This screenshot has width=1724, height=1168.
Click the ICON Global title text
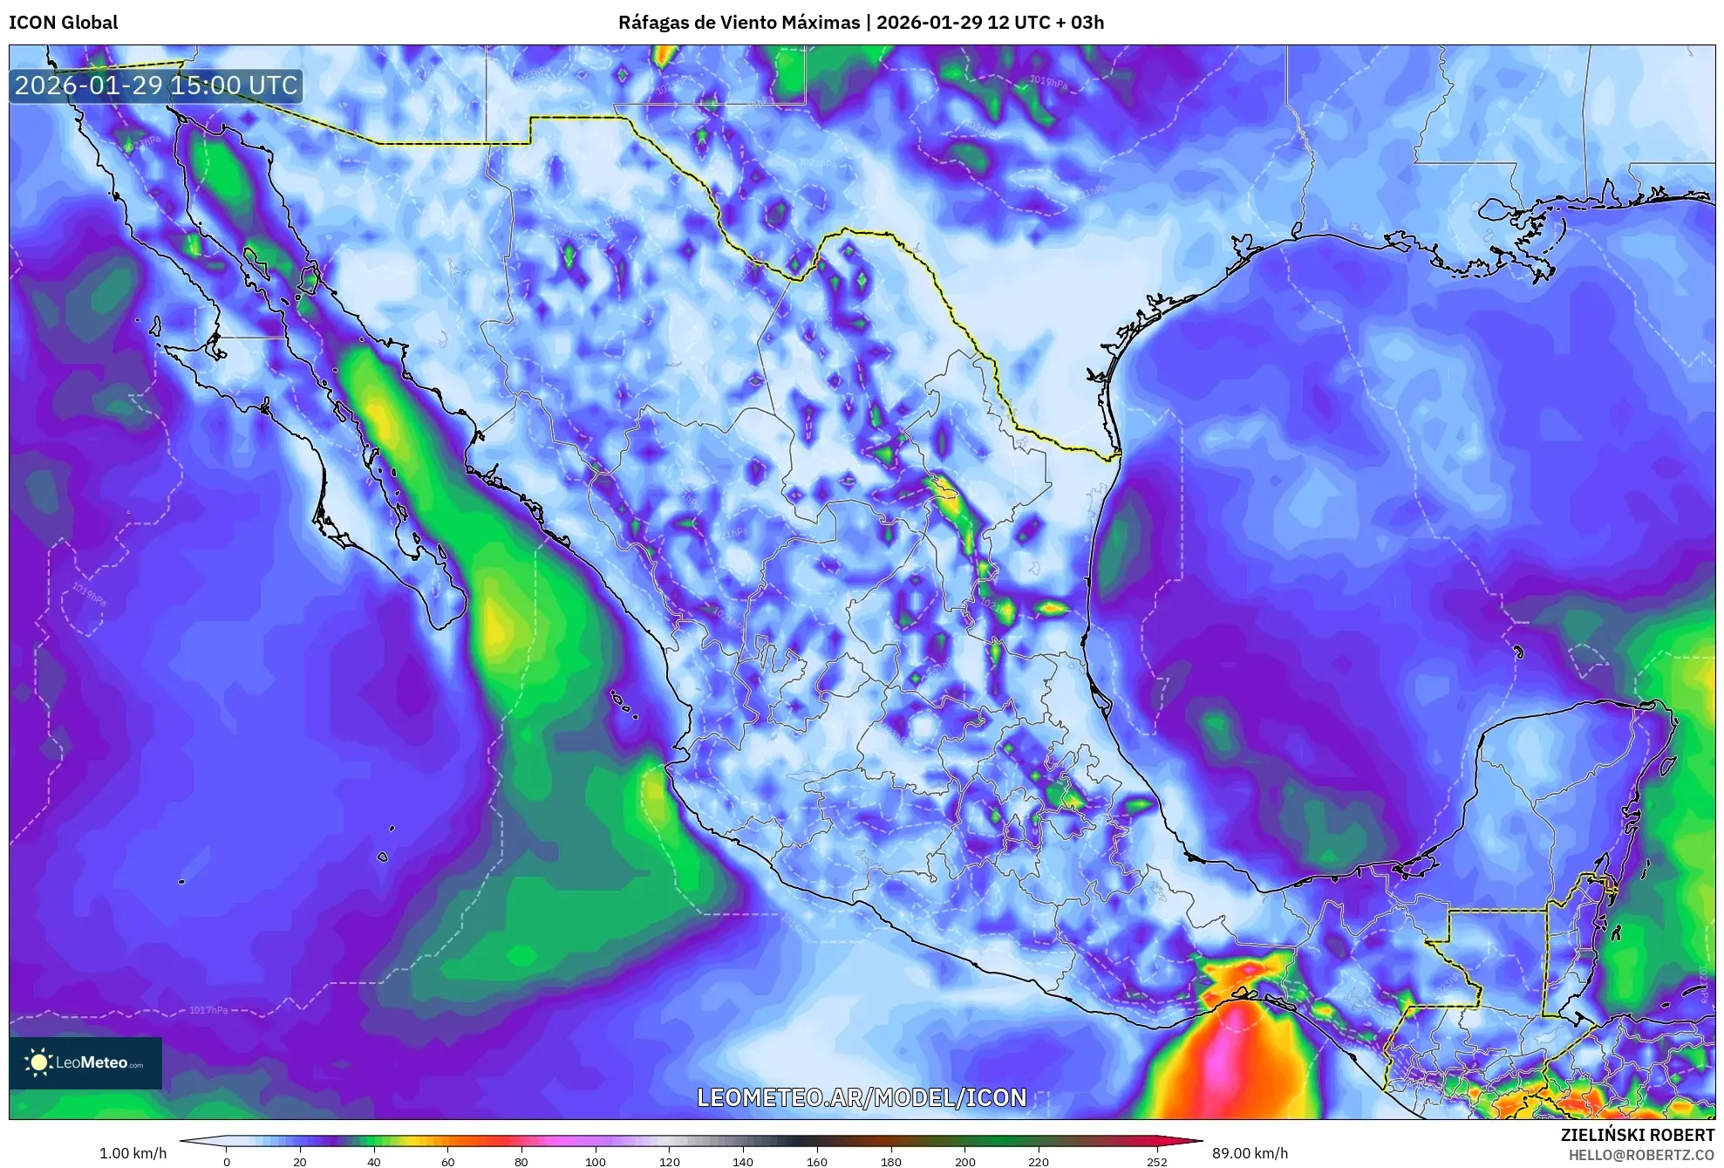[63, 23]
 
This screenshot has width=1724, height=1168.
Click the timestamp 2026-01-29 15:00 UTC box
[156, 85]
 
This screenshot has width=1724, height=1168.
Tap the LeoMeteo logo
[85, 1062]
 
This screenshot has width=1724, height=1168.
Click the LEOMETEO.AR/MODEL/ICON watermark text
[862, 1097]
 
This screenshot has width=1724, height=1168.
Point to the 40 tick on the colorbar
[374, 1161]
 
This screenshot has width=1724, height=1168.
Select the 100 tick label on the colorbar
[596, 1161]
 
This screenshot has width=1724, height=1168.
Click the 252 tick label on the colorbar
[1156, 1161]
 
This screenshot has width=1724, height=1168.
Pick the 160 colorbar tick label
[817, 1161]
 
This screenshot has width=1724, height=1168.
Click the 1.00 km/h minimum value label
[133, 1153]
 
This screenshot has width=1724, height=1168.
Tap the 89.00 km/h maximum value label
[1250, 1153]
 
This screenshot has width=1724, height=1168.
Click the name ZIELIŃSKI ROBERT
[1637, 1135]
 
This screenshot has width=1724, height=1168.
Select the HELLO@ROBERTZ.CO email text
[1641, 1155]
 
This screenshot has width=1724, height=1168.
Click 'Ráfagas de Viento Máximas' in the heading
[739, 23]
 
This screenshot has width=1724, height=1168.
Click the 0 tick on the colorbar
[227, 1161]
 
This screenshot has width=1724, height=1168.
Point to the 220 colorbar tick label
[1039, 1161]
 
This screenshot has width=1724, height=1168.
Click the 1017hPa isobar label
[208, 1010]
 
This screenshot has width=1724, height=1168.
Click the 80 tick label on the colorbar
[521, 1161]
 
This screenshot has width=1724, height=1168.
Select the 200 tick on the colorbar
[964, 1161]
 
